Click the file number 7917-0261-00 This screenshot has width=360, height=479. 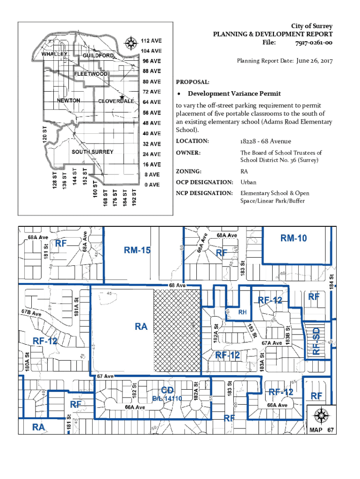pos(313,43)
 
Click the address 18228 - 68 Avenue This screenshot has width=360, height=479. pos(266,141)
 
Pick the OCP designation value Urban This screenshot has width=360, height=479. pos(248,182)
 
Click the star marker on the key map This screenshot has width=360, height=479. pos(122,97)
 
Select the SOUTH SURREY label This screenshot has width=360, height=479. pos(92,152)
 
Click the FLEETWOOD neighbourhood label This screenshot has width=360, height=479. pos(91,74)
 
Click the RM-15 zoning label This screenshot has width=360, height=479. pos(137,251)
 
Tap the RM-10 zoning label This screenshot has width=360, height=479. pos(294,238)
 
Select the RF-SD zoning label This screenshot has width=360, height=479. pos(317,341)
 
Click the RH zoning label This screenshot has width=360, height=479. pos(243,312)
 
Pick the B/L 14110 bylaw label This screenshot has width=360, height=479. pos(167,399)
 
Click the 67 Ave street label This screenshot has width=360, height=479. pos(106,376)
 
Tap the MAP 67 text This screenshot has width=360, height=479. pos(321,429)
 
